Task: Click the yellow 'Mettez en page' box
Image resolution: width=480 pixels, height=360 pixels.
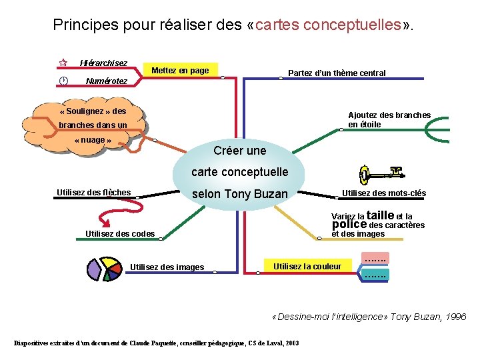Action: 180,71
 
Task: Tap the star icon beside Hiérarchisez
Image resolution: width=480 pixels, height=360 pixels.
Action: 63,63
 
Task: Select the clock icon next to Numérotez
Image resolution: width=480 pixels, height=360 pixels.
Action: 63,81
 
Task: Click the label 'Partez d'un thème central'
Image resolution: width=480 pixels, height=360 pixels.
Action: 336,73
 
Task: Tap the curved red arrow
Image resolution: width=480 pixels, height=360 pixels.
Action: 108,216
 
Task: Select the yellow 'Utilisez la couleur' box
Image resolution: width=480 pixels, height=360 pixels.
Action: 307,267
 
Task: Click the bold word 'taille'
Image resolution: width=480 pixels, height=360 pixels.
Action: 380,215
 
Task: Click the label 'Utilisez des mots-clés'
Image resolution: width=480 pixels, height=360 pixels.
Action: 383,193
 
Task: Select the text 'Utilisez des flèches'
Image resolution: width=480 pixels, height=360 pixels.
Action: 93,193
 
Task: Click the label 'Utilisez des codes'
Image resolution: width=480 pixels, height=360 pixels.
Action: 120,233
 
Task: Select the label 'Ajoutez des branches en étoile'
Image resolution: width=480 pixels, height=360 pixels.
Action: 389,119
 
